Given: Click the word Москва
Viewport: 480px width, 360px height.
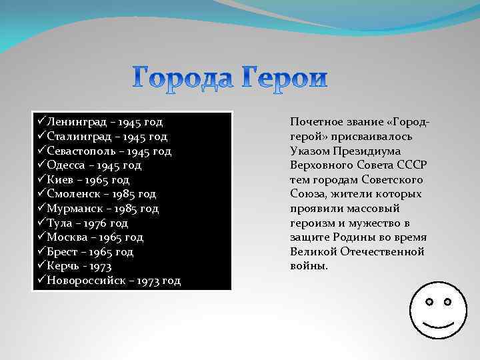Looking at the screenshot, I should point(67,237).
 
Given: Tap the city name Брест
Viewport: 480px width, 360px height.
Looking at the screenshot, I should point(63,252).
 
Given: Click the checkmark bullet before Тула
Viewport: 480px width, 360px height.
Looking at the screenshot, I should point(41,223).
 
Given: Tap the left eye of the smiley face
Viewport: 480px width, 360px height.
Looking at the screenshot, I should point(429,302).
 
